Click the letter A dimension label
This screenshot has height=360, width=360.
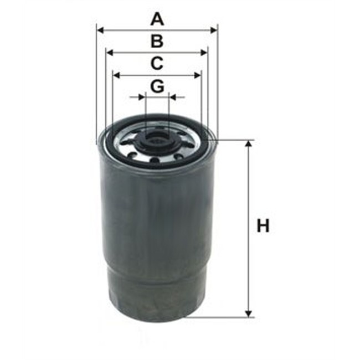pos(158,20)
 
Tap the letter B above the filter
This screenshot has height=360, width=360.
pos(157,41)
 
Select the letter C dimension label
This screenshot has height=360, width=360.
pos(157,63)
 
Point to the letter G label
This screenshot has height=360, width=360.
pos(157,86)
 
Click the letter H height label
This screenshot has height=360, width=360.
pos(264,227)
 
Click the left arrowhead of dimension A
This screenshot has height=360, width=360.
pos(100,30)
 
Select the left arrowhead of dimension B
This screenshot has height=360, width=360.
pos(109,53)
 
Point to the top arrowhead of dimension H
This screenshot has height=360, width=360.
pos(249,145)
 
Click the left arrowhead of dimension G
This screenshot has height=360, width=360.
pos(142,97)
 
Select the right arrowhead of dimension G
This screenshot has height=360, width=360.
pos(172,97)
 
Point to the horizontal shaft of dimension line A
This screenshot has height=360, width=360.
pos(133,30)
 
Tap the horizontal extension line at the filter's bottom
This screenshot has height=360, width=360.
pos(222,317)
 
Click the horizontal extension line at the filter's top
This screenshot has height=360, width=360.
pos(235,140)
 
